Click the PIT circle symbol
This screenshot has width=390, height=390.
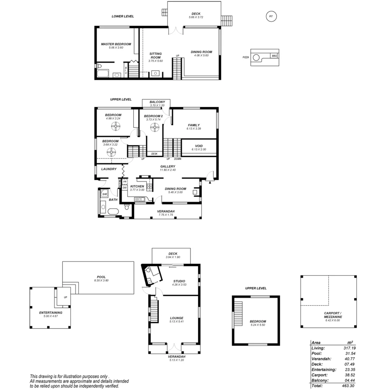(x=271, y=16)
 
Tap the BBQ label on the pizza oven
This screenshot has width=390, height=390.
(x=274, y=56)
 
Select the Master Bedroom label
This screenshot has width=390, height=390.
(x=116, y=44)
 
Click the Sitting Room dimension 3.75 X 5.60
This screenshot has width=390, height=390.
(x=156, y=61)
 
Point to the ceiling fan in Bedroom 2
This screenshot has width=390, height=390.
(x=155, y=127)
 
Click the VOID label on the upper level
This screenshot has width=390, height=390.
(x=199, y=146)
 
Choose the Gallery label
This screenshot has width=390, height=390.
(x=168, y=166)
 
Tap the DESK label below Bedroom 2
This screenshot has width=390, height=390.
(x=154, y=154)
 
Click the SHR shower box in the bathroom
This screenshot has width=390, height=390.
(x=104, y=194)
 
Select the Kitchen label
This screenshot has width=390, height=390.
(x=137, y=186)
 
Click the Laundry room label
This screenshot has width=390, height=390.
(x=109, y=169)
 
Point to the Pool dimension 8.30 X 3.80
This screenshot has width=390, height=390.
(x=101, y=281)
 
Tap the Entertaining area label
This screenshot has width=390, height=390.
(x=51, y=312)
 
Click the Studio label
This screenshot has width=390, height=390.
(x=179, y=281)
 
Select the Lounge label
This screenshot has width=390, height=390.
(x=177, y=318)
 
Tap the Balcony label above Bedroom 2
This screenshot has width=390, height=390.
(x=157, y=102)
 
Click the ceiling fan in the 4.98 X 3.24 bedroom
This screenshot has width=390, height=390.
(x=115, y=126)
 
